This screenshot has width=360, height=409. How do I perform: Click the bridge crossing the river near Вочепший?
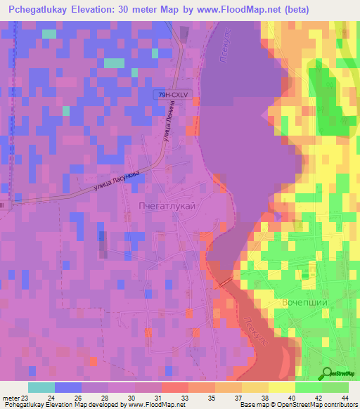224,282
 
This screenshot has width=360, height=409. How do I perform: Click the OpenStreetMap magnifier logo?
327,374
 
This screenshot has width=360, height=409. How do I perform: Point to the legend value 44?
344,398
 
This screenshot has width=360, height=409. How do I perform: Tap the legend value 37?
230,398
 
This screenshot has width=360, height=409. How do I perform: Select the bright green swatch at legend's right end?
335,387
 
